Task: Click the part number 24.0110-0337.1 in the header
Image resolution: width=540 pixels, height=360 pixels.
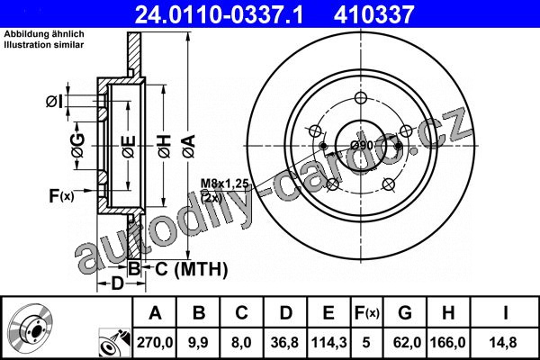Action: (219, 14)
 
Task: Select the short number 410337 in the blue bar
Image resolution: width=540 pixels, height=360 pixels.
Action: (373, 14)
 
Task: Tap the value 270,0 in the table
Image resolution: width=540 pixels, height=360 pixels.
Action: (155, 343)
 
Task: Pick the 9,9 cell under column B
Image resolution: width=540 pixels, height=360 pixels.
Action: (198, 343)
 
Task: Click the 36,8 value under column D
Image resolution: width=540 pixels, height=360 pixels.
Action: (284, 343)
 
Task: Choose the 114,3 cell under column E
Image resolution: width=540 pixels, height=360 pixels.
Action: (328, 343)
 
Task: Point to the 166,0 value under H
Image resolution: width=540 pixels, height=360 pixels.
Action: (448, 343)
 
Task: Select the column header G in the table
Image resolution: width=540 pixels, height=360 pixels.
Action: (405, 313)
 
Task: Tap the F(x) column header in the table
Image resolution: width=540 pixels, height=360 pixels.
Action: (366, 313)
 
